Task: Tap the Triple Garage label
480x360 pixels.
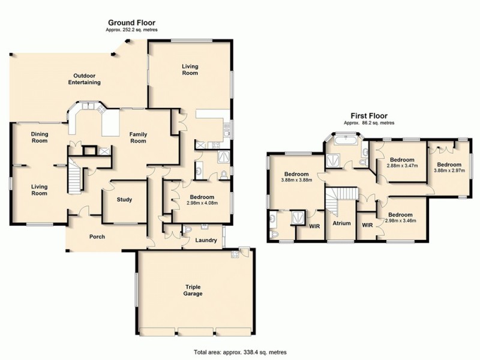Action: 193,290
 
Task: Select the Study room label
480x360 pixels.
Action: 124,200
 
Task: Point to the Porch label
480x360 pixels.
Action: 97,236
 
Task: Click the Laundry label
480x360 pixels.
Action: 206,241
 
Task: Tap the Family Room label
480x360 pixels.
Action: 139,137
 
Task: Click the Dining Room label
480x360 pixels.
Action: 39,137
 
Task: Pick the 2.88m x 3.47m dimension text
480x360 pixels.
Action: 401,166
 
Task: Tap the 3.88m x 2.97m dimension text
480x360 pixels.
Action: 449,170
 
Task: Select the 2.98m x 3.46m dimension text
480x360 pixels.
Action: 400,221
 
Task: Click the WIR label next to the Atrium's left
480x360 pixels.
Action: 313,226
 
